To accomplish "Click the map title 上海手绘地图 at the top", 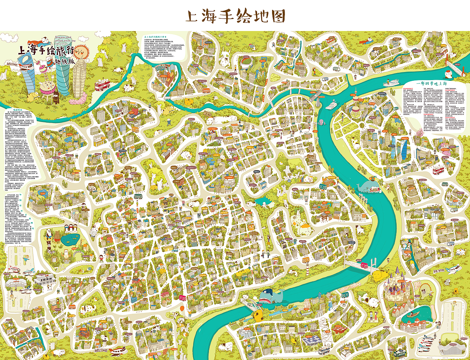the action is [x=235, y=16].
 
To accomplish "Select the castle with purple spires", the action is [x=395, y=285].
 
